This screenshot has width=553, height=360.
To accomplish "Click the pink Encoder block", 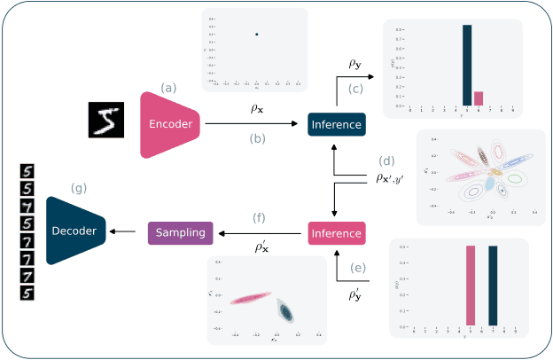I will point(170,123).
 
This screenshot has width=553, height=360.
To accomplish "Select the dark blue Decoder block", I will point(76,231).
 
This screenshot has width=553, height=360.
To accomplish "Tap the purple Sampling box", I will point(180,232).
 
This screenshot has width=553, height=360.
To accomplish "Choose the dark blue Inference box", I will point(336,124).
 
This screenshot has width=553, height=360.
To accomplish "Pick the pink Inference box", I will point(336,232).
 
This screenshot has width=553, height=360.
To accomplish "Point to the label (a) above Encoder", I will point(168,87).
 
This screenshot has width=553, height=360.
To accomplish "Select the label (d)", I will point(386,161).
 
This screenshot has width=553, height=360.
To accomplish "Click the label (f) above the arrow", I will point(260,217).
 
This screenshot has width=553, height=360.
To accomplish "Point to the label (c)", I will point(356,88).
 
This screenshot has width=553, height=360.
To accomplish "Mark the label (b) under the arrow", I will point(256,138).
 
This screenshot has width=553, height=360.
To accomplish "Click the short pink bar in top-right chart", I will point(479,98).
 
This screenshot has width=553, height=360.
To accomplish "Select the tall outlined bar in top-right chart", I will point(467,66).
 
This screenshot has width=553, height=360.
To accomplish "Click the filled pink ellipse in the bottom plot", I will point(250,299).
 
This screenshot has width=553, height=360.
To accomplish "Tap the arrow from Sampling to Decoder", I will point(128,232).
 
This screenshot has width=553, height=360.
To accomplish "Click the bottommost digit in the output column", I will point(27,292).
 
